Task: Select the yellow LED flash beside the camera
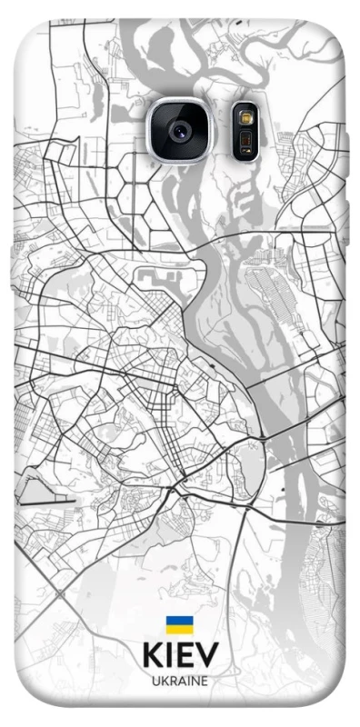245,117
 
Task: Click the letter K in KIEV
151,656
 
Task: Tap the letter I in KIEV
168,656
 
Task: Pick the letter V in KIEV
207,656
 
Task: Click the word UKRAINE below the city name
179,681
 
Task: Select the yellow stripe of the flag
179,629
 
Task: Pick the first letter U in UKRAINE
153,681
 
